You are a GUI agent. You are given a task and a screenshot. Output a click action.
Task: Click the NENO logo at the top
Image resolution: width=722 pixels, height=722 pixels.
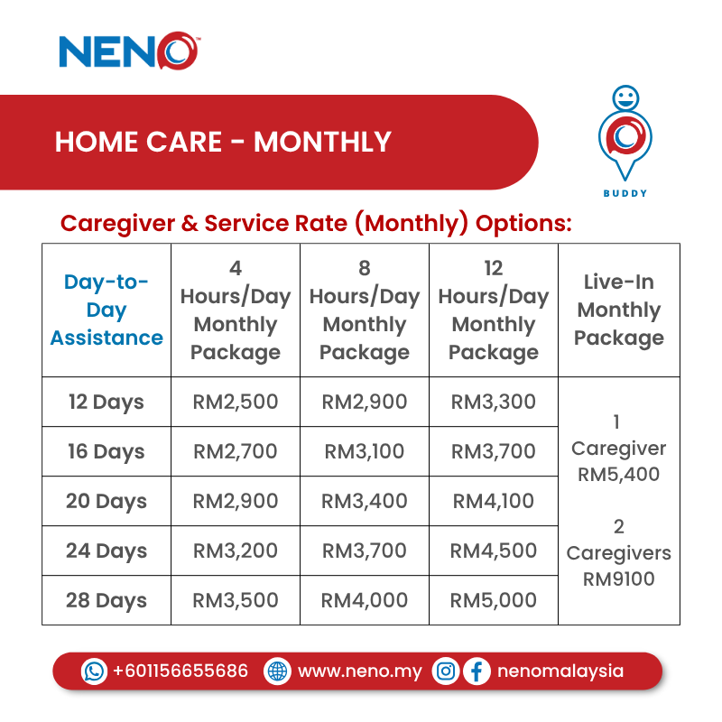(x=128, y=51)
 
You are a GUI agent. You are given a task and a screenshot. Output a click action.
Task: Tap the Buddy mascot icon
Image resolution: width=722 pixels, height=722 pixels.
(x=625, y=135)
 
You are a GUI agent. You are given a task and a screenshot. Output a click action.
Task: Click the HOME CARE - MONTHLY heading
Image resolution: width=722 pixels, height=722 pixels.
(x=223, y=142)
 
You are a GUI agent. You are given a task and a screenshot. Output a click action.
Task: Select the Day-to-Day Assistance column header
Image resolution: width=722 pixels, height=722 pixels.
(x=106, y=310)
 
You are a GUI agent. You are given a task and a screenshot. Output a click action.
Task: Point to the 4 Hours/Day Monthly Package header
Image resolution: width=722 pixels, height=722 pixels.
(x=236, y=310)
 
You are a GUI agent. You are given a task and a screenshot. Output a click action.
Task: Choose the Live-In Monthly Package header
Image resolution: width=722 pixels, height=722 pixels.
(x=619, y=310)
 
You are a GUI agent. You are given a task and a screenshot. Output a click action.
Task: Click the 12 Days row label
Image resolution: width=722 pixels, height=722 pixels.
(x=106, y=402)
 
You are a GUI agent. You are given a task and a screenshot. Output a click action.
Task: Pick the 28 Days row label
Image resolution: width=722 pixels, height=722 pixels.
(x=106, y=600)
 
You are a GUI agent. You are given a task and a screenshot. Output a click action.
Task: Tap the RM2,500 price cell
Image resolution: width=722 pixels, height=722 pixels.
(x=236, y=402)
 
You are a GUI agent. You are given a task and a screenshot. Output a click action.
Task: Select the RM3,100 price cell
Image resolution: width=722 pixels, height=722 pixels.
(x=365, y=451)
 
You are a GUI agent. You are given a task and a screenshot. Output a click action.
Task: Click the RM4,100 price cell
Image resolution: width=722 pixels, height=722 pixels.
(x=494, y=501)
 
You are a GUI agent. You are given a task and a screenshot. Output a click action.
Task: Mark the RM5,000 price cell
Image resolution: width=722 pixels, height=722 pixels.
(x=494, y=600)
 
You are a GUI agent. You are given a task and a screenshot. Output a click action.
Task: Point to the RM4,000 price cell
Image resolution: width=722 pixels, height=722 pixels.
(x=365, y=600)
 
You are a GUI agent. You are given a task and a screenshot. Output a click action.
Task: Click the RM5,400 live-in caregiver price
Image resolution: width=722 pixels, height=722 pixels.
(x=619, y=474)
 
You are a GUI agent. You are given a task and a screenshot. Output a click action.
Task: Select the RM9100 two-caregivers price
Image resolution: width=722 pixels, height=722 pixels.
(x=619, y=579)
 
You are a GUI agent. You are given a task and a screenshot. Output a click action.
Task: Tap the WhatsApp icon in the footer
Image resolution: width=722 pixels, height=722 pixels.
(x=94, y=671)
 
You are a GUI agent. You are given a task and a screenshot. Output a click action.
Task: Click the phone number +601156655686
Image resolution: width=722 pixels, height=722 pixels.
(x=180, y=671)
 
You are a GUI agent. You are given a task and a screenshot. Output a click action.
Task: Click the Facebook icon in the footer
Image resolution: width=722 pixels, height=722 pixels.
(x=477, y=671)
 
